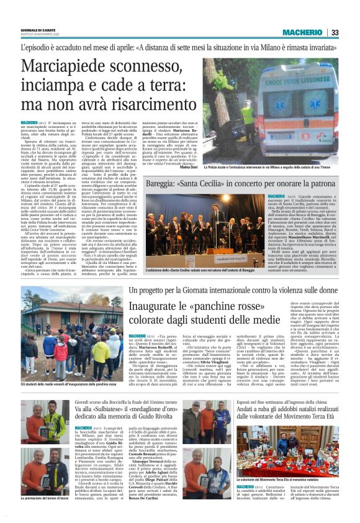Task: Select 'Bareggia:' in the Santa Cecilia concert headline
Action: pos(165,184)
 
